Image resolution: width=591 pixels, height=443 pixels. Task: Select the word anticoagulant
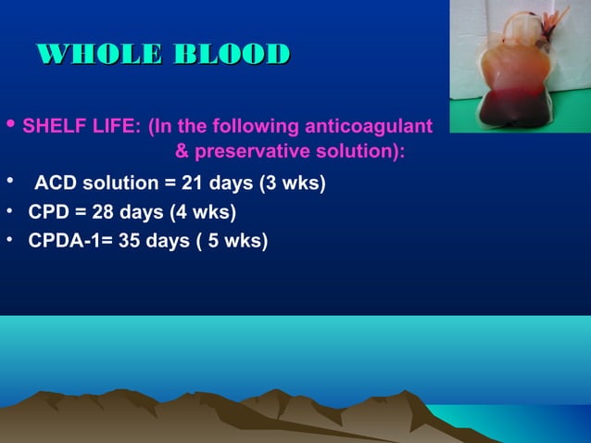371,126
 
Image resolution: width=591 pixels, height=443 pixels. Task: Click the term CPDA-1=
63,243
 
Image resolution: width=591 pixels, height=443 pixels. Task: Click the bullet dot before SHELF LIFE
10,125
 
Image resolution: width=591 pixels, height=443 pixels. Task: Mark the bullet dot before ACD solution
9,180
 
